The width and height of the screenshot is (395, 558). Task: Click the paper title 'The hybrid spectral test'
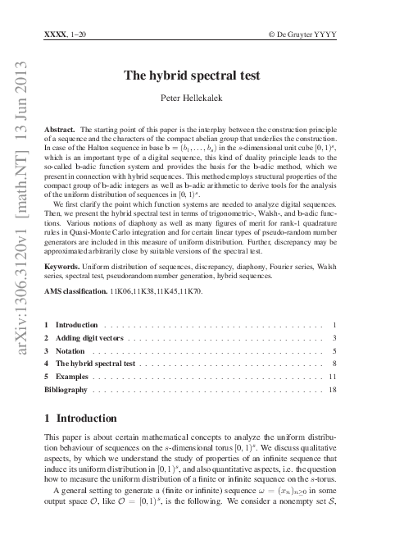(x=191, y=75)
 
